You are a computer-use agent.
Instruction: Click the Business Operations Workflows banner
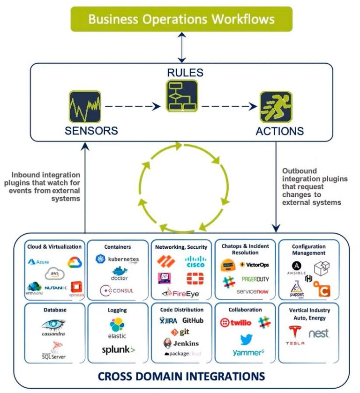[181, 19]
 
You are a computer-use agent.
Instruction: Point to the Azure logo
[39, 261]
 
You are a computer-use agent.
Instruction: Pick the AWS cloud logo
[54, 274]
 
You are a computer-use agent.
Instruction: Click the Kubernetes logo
[117, 259]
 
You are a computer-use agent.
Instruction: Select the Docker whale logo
[120, 274]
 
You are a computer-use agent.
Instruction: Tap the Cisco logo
[195, 261]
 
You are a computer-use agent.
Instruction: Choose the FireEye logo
[180, 294]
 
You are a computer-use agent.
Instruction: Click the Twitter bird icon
[246, 339]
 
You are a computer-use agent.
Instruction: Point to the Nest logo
[319, 334]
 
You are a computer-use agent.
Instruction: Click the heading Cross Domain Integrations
[181, 376]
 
